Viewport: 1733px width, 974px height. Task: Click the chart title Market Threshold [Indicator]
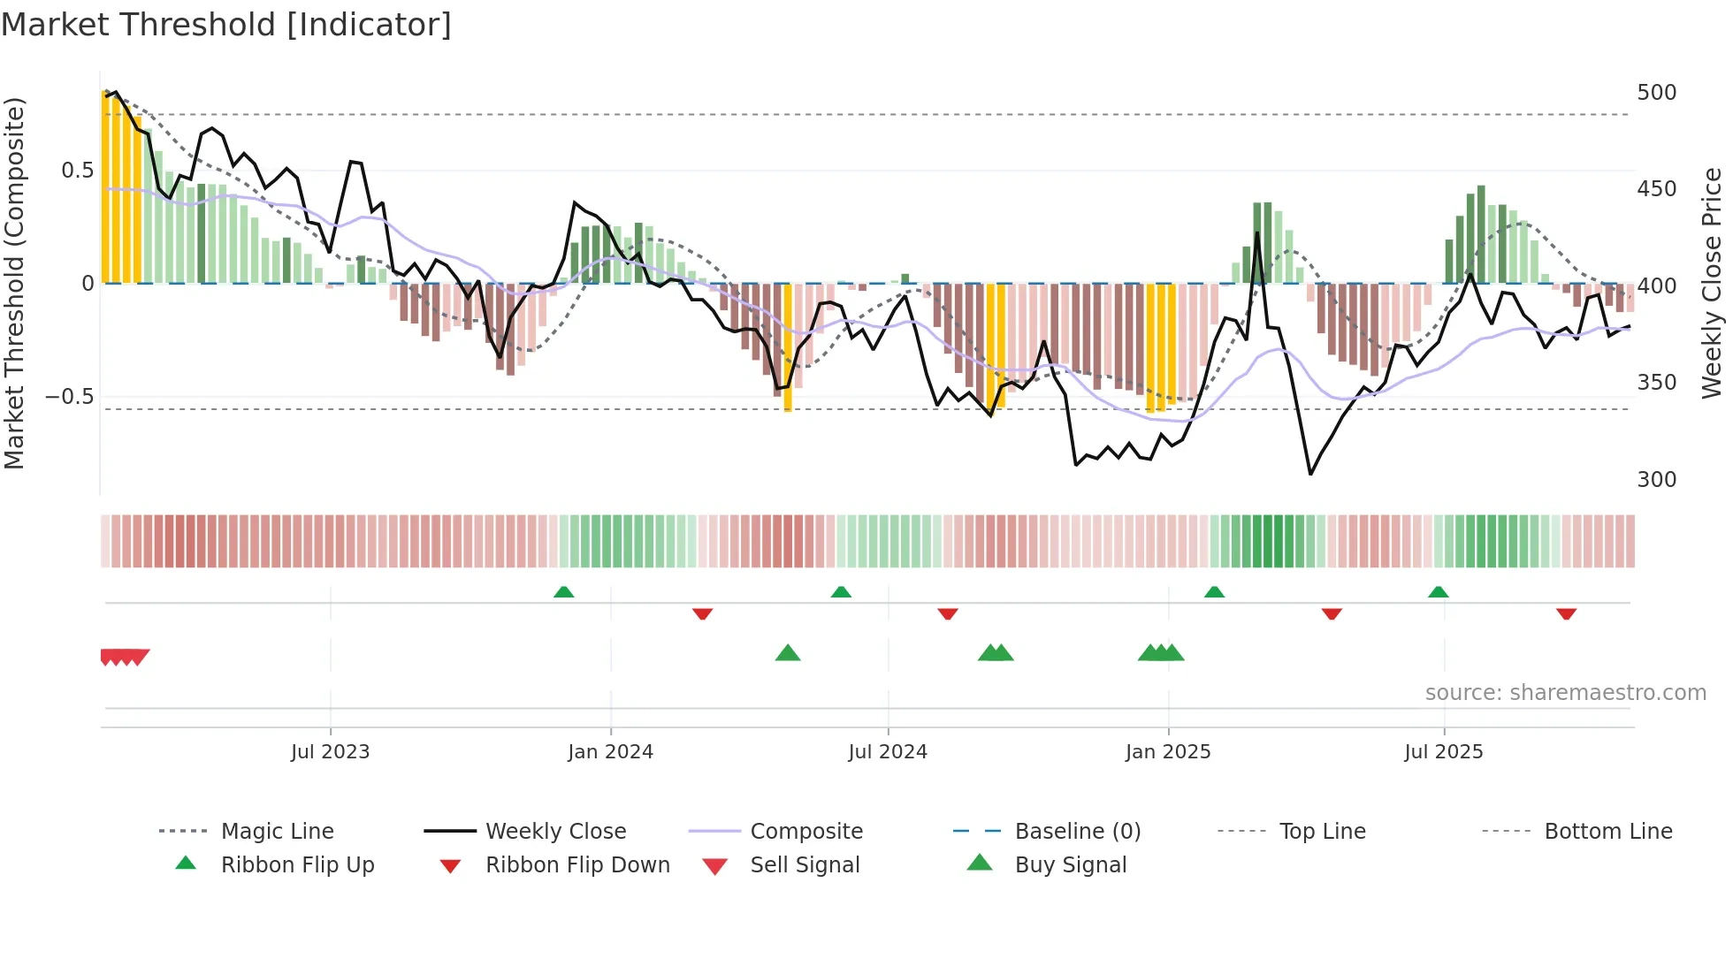[x=226, y=25]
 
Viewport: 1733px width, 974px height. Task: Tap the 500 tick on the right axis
[x=1656, y=93]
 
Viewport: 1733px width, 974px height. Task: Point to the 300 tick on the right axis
[x=1656, y=479]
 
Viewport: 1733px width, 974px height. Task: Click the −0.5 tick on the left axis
[x=69, y=396]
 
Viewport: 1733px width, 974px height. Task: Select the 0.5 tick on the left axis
[x=77, y=171]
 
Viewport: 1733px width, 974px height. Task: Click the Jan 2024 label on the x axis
[x=610, y=752]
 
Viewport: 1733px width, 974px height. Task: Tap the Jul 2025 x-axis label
[x=1443, y=752]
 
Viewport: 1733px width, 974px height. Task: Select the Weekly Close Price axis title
[x=1712, y=283]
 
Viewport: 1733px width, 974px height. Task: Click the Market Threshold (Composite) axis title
[x=14, y=283]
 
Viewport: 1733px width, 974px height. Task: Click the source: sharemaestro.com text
[x=1565, y=693]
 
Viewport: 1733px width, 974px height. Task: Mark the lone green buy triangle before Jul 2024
[x=787, y=653]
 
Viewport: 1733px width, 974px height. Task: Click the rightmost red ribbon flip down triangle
[x=1566, y=613]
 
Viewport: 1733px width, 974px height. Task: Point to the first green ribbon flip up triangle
[x=563, y=592]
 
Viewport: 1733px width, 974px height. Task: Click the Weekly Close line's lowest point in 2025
[x=1310, y=474]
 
